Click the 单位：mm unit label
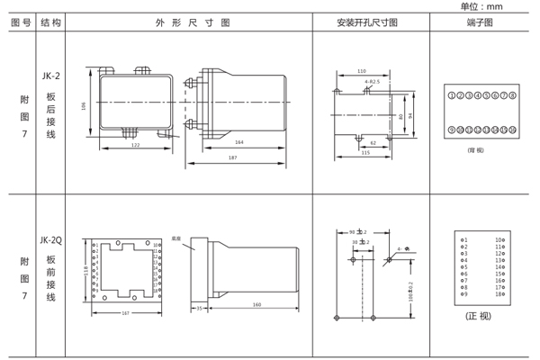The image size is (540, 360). [x=481, y=6]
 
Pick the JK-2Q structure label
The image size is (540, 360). [x=51, y=240]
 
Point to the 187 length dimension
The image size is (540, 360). [x=232, y=157]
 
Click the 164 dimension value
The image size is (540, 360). [x=239, y=142]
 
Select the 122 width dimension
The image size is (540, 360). [x=135, y=145]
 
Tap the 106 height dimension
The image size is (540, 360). [x=85, y=106]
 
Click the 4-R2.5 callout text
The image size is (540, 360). [x=373, y=82]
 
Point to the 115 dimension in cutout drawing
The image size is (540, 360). [x=365, y=152]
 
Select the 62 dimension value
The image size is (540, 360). [x=373, y=142]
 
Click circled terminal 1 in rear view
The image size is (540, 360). [x=452, y=94]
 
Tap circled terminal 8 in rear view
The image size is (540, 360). [x=512, y=94]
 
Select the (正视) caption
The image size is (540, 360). [x=479, y=316]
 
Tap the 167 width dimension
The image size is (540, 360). [x=126, y=312]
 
